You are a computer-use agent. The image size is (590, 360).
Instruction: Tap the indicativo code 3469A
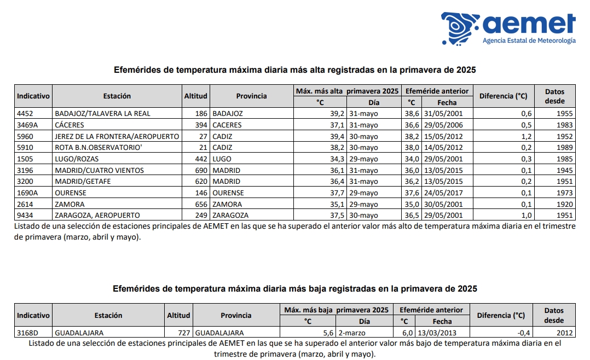point(28,125)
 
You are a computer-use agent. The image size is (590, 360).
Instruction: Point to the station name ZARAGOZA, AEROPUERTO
point(97,216)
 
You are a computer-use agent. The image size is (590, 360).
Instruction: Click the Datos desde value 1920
point(563,205)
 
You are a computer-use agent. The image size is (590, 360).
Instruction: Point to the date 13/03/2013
point(436,333)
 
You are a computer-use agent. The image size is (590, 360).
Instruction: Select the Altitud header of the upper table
point(196,96)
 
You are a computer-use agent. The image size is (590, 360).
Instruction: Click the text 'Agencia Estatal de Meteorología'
point(529,41)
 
